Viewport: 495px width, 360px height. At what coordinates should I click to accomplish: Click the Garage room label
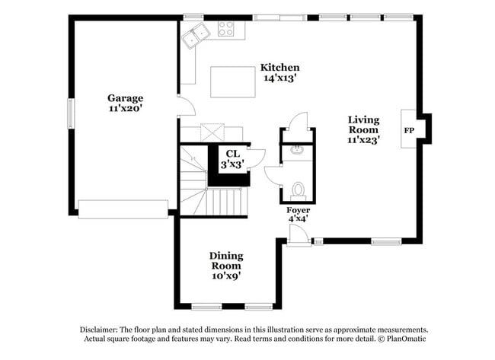(x=125, y=98)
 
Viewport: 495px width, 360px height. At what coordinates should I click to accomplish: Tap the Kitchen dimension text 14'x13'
(x=281, y=78)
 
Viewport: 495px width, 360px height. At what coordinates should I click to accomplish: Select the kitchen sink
(x=197, y=32)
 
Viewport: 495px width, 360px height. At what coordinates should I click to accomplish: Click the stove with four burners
(x=227, y=30)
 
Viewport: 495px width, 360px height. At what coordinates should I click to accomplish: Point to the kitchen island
(x=232, y=81)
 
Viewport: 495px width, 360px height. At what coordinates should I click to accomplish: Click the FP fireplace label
(x=410, y=129)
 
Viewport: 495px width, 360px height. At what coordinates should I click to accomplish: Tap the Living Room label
(x=364, y=124)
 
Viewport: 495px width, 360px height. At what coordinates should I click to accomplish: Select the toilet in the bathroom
(x=299, y=189)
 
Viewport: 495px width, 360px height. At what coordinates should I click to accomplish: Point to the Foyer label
(x=298, y=209)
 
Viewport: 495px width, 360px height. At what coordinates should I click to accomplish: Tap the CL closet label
(x=232, y=154)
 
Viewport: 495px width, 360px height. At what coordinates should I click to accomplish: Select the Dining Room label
(x=226, y=261)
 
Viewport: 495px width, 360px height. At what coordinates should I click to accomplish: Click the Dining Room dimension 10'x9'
(x=226, y=276)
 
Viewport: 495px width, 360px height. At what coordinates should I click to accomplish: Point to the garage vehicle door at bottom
(x=123, y=209)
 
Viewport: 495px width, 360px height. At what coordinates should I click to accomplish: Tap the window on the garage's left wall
(x=72, y=113)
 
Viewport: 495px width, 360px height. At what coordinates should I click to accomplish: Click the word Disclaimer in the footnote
(x=101, y=329)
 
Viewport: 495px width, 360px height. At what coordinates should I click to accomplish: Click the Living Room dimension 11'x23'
(x=364, y=139)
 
